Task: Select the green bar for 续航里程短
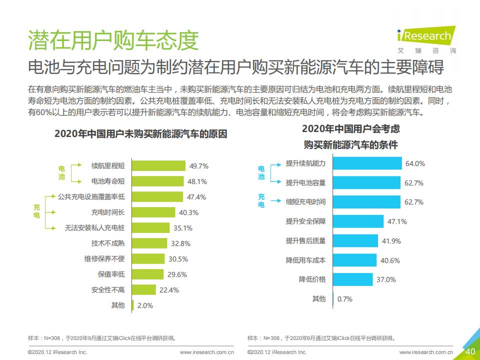coord(158,165)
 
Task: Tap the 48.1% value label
coord(197,181)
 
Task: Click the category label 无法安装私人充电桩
coord(94,228)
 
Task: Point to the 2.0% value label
coord(145,305)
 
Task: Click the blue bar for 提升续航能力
coord(367,163)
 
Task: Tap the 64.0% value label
coord(415,163)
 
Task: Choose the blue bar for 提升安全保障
coord(358,221)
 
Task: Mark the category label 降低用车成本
coord(305,260)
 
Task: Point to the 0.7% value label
coord(345,299)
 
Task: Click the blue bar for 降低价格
coord(353,279)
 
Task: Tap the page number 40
coord(470,351)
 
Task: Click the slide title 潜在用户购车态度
coord(113,40)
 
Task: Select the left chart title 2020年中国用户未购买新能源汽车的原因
coord(140,134)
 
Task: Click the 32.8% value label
coord(180,243)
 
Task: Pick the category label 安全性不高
coord(108,290)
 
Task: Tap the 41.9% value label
coord(391,241)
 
